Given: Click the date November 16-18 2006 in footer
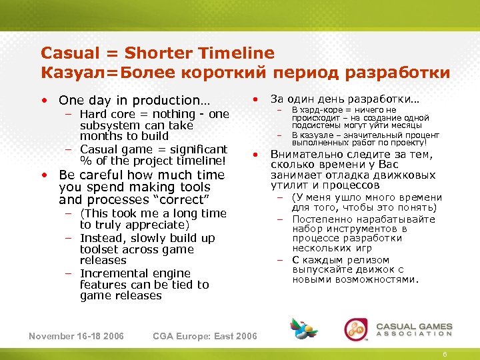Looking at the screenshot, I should tap(76, 335).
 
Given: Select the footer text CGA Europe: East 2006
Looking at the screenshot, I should tap(205, 335).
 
